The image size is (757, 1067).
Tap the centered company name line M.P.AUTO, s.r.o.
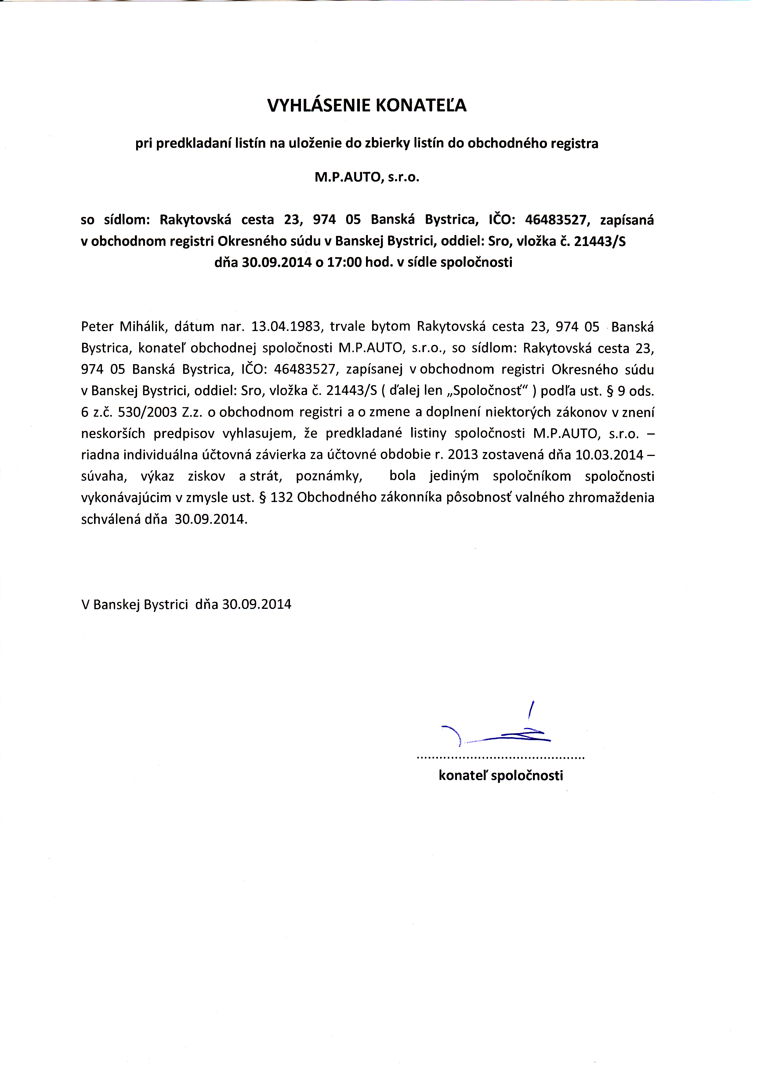click(x=367, y=178)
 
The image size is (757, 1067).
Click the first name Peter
click(x=97, y=326)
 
